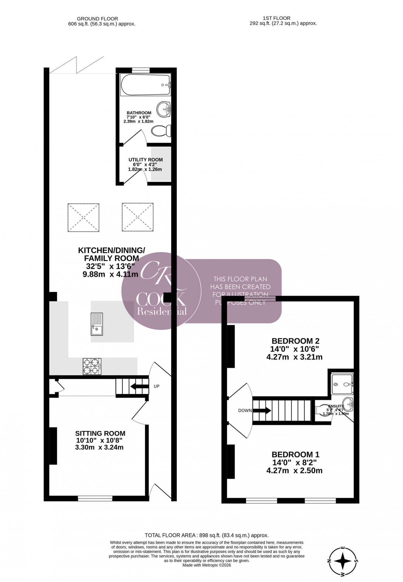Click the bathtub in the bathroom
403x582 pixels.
pos(145,85)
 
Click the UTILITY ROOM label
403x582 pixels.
pos(145,160)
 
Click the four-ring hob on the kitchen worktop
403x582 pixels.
pos(92,366)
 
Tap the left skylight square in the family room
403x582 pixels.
pos(83,217)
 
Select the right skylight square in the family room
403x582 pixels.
pos(137,217)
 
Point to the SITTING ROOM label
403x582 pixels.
pos(100,433)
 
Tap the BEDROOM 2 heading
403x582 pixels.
pos(295,341)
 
